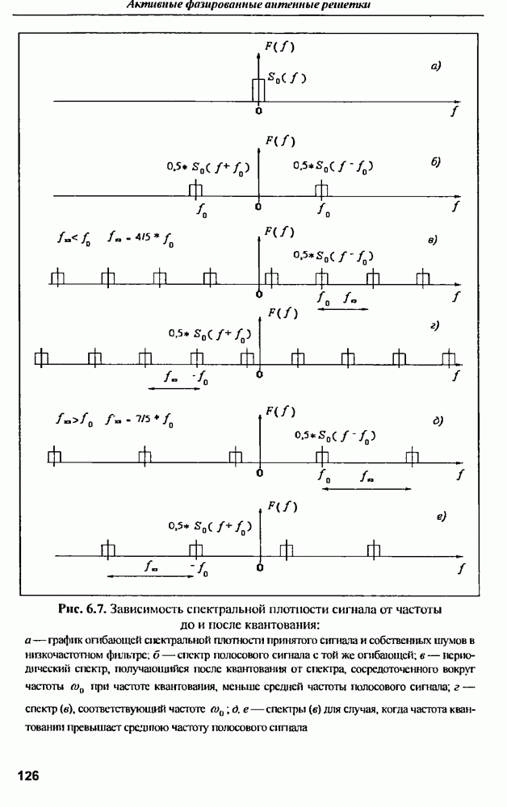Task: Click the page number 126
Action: point(27,776)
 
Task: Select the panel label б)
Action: point(435,161)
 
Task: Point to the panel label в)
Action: point(433,240)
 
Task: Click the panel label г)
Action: point(434,325)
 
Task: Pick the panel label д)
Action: point(437,420)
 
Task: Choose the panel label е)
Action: point(442,515)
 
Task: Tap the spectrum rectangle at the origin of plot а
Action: point(258,89)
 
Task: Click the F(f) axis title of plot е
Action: point(281,507)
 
